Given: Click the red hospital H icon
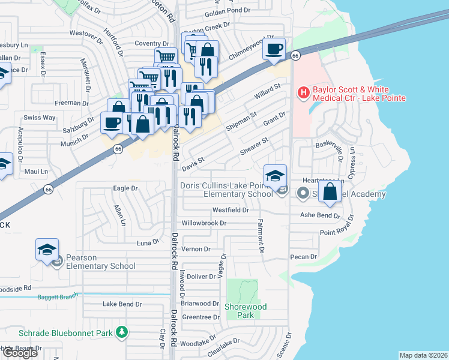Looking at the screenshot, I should (x=304, y=93).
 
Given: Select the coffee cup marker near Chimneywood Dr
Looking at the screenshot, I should (x=274, y=49).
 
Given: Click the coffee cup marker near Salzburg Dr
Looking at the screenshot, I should (x=112, y=123).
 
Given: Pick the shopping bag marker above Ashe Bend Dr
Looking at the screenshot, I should (x=330, y=193).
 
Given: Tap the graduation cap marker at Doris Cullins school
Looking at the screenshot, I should (x=275, y=175).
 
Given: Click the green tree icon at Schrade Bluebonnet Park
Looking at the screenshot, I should (x=122, y=332).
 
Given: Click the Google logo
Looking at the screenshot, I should (x=20, y=353).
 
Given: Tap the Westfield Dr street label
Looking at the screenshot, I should (x=230, y=211).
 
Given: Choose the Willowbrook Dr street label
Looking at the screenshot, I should (x=204, y=223).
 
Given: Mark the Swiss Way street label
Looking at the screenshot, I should (x=39, y=118).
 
